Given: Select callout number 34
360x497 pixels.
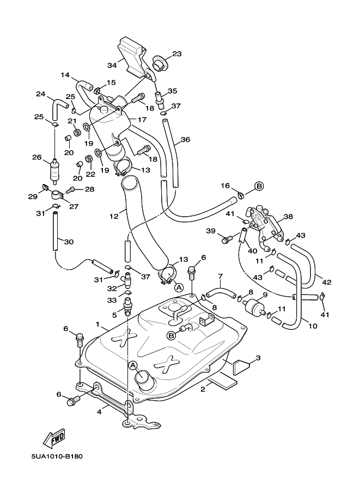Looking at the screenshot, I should [x=112, y=65].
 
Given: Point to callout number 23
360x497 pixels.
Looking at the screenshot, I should [x=177, y=54].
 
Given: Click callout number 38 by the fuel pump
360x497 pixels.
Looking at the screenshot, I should [x=288, y=216].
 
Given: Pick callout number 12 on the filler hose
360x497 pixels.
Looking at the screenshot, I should [x=114, y=216].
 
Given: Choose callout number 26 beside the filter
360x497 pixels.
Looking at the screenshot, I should [x=36, y=158].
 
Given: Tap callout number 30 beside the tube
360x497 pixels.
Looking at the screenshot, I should [x=68, y=242].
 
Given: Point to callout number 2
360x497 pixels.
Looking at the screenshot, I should [x=203, y=389].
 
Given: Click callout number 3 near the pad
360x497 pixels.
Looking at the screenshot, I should [x=258, y=358].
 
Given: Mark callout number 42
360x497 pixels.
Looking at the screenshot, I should [x=326, y=282].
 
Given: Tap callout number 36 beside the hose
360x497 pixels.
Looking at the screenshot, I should [x=186, y=139].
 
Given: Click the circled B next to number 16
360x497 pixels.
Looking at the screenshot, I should [x=259, y=186].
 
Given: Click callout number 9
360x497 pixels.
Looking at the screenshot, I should [x=265, y=295].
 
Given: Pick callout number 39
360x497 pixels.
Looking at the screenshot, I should [x=210, y=231].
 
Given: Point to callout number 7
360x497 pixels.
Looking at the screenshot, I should [x=221, y=276].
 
